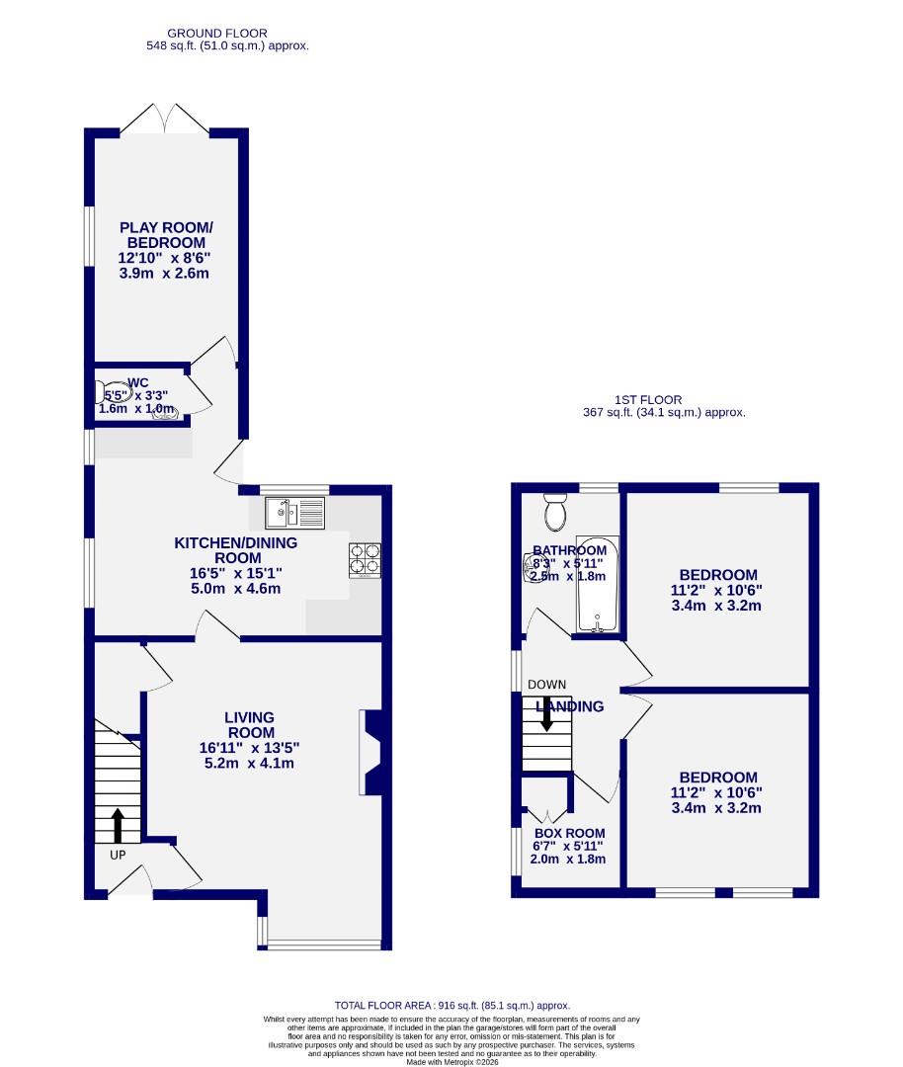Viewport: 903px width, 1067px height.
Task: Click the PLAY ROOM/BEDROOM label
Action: tap(166, 235)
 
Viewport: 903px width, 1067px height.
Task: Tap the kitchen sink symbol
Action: tap(295, 512)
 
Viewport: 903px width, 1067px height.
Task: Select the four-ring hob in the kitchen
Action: tap(365, 560)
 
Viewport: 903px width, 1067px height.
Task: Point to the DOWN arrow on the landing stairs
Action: tap(546, 712)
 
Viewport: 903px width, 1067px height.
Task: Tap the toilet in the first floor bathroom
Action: tap(554, 512)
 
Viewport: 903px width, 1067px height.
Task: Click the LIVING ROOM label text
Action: tap(249, 724)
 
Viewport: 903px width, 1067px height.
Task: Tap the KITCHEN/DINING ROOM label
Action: tap(235, 550)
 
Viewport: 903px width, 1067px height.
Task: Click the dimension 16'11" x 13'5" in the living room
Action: tap(248, 748)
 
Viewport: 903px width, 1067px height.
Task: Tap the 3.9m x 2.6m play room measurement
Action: tap(166, 273)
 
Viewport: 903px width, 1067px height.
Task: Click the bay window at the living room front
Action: tap(322, 944)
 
